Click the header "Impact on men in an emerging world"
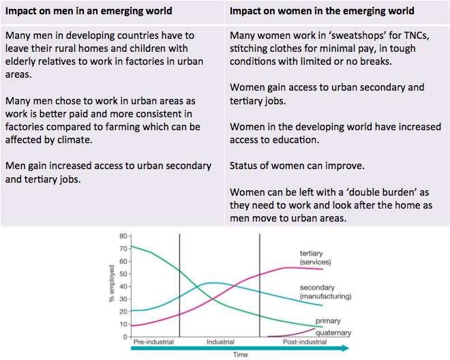(89, 11)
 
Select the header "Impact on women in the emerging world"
(322, 11)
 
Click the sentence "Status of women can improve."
(297, 166)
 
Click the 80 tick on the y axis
(123, 236)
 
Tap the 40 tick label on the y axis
(123, 286)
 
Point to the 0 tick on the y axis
(125, 337)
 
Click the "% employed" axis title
(111, 284)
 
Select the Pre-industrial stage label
(153, 342)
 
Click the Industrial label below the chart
(220, 342)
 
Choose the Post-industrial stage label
(305, 342)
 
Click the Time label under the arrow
(241, 355)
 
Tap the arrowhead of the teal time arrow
(346, 348)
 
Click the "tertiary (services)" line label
(316, 258)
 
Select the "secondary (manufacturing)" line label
(325, 292)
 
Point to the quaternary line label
(333, 333)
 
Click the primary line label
(328, 321)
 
